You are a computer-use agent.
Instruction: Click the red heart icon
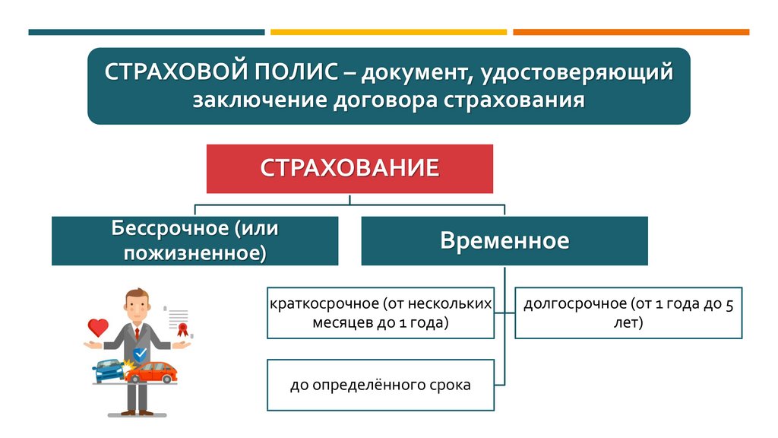click(99, 328)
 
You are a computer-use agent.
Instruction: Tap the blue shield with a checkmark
click(140, 354)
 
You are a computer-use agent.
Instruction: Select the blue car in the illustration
click(107, 372)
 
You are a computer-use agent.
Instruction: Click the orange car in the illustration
click(156, 372)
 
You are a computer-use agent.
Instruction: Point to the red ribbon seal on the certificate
click(182, 329)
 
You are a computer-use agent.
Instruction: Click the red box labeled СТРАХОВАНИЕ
click(349, 168)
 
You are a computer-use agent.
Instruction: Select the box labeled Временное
click(504, 241)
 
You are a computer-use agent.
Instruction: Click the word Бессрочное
click(169, 228)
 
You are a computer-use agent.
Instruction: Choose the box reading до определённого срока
click(380, 385)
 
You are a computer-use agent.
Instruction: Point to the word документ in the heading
click(413, 73)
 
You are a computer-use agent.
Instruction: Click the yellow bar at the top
click(388, 32)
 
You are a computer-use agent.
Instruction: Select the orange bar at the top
click(631, 32)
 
